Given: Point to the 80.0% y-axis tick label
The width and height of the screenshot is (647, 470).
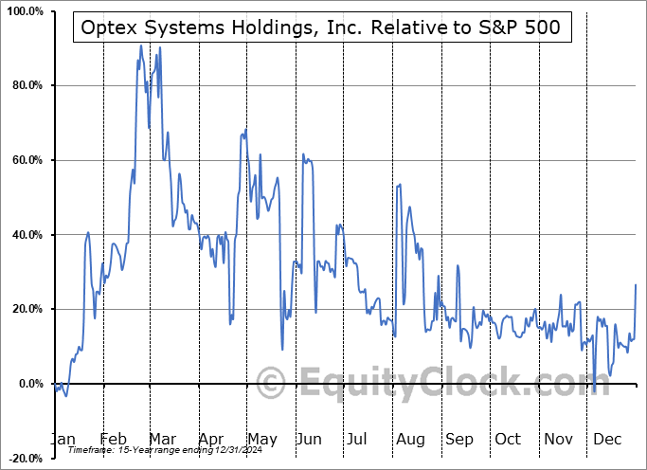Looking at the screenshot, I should (24, 86).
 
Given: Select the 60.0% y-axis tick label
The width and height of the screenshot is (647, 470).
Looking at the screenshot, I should (24, 160).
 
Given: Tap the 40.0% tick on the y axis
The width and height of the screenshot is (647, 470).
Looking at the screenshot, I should (24, 235).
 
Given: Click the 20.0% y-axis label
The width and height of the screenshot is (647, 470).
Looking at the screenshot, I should (24, 309).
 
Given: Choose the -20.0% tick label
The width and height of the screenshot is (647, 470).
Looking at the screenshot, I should (22, 458).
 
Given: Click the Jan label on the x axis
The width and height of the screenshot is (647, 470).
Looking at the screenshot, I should (62, 439).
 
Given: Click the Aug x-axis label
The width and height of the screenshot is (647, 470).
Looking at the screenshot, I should (410, 439).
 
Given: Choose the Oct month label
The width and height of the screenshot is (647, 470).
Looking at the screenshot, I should (508, 439).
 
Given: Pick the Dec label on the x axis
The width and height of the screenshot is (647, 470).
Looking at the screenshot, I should (607, 439).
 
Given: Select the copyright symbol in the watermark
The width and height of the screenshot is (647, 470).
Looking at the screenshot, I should (272, 384).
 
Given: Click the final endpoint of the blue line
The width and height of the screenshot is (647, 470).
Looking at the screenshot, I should (635, 285).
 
